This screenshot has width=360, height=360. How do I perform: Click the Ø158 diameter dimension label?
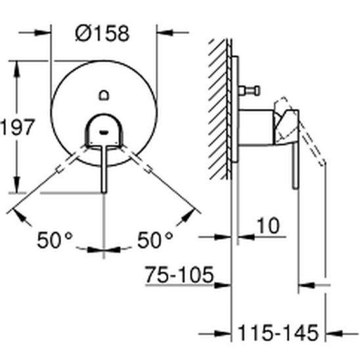(102, 34)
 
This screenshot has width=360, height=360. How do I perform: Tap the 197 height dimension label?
(18, 127)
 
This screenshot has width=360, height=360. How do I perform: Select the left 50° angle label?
(55, 240)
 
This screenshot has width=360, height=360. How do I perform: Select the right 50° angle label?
(155, 240)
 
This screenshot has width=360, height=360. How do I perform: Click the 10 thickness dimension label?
(269, 225)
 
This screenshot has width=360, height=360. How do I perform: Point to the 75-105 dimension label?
(179, 275)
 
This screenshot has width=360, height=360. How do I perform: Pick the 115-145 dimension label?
(279, 333)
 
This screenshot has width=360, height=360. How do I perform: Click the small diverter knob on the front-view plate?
(104, 95)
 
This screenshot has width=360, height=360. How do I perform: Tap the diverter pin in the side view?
(249, 91)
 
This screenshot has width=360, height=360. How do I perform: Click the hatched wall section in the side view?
(217, 109)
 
